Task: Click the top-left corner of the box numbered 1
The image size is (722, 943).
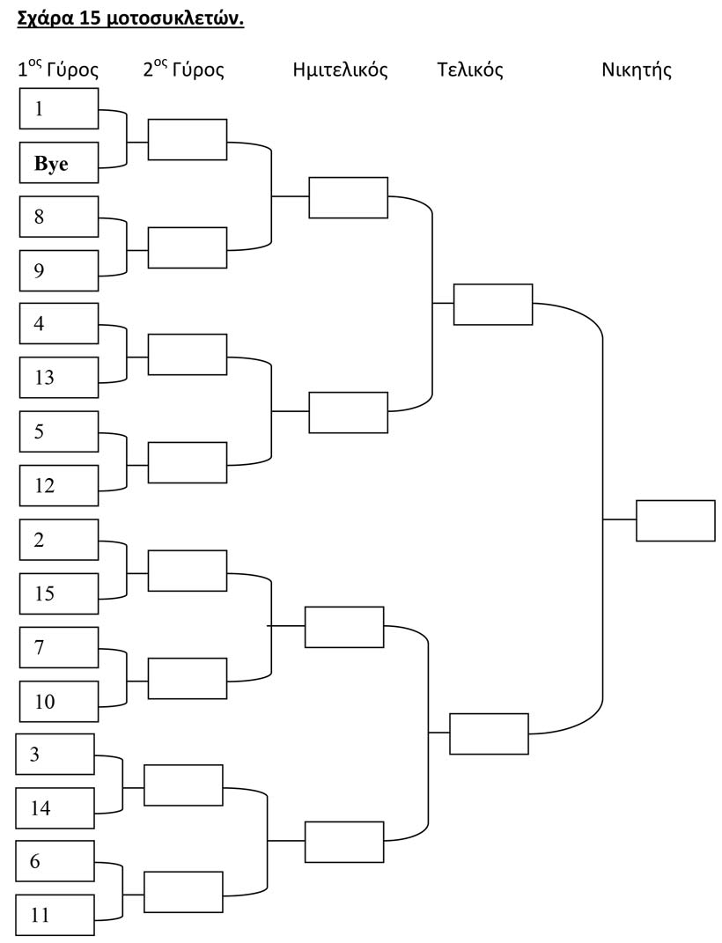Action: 20,88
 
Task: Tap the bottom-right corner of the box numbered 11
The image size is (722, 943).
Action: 94,936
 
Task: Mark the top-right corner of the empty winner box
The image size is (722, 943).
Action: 715,500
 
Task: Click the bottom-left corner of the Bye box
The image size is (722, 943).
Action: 20,183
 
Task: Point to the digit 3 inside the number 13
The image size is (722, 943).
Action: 49,378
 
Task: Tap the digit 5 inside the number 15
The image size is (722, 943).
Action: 49,593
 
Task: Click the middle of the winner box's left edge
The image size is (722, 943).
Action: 637,521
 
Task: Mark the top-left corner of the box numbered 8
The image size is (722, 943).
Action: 20,196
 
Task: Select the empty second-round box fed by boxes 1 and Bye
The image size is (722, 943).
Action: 188,139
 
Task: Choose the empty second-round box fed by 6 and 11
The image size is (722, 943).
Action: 183,891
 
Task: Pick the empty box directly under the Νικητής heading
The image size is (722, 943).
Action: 675,521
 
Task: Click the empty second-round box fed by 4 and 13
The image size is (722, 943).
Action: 188,355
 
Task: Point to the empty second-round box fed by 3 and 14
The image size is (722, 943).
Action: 183,785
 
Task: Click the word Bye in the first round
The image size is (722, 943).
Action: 51,164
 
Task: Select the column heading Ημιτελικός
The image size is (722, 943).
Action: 340,70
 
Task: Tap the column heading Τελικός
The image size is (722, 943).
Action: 470,70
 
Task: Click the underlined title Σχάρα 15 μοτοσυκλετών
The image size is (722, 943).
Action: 130,19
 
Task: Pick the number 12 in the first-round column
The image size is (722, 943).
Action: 45,486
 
